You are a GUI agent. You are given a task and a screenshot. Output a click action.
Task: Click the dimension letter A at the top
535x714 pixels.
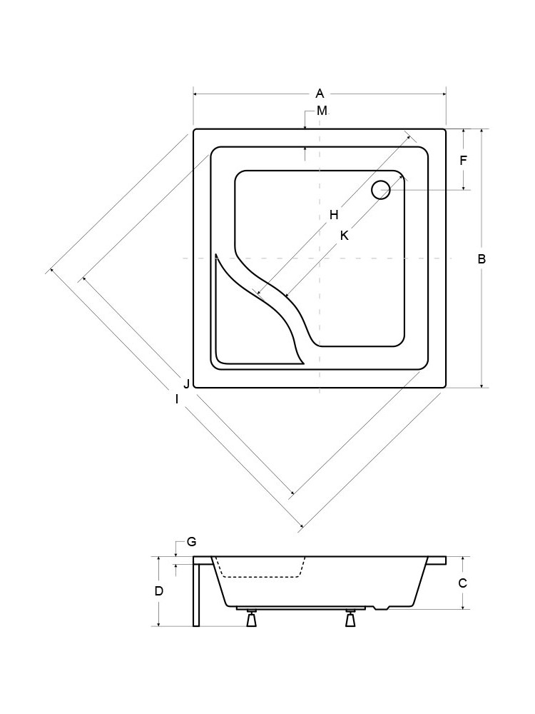(x=320, y=94)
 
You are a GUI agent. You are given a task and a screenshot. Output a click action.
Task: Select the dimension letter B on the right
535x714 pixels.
(x=481, y=258)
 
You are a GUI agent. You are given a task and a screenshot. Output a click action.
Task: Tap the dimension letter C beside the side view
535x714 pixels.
(x=463, y=583)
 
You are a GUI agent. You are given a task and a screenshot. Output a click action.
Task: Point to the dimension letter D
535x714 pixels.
(x=159, y=591)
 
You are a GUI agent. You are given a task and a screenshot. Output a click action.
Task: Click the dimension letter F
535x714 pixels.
(x=464, y=160)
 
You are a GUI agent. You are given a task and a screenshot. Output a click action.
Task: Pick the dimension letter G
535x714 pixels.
(x=191, y=542)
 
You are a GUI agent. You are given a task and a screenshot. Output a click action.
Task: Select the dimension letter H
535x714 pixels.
(x=334, y=214)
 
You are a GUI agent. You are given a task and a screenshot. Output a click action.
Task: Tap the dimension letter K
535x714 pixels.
(x=345, y=236)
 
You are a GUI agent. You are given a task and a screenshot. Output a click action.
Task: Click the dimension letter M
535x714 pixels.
(x=322, y=111)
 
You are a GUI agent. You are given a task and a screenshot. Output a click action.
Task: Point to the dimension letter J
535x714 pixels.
(x=186, y=384)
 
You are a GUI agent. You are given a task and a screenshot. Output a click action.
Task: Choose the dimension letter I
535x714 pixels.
(x=177, y=399)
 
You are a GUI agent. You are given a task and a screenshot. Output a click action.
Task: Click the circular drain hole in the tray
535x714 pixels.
(x=381, y=190)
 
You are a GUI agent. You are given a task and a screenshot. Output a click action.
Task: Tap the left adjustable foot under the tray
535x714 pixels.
(x=251, y=618)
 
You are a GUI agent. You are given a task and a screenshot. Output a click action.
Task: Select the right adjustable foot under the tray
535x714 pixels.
(x=350, y=618)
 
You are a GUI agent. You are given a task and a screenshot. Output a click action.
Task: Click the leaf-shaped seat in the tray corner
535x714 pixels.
(x=255, y=318)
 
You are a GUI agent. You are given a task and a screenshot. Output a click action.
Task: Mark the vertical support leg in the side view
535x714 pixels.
(x=196, y=591)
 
